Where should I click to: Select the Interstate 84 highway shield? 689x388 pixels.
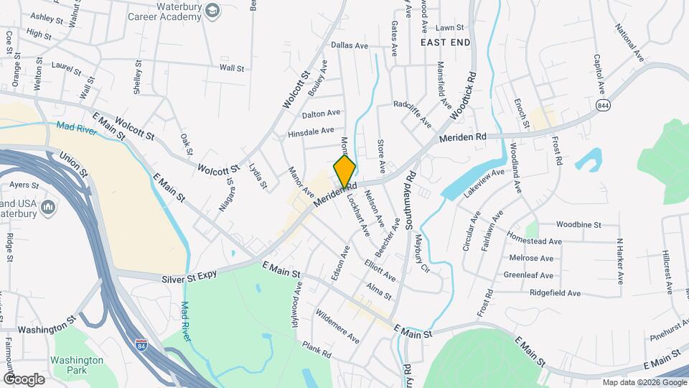tap(141, 346)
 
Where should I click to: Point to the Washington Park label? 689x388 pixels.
tap(77, 365)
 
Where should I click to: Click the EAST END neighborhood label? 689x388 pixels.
tap(445, 42)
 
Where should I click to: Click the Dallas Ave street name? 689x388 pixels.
tap(350, 45)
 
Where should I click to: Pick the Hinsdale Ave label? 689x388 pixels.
tap(311, 131)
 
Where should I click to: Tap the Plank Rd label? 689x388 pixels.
tap(316, 350)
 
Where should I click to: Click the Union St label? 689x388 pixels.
tap(73, 164)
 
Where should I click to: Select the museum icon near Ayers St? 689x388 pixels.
tap(49, 208)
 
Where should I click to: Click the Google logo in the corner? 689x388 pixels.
tap(24, 379)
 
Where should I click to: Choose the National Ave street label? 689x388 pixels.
tap(630, 42)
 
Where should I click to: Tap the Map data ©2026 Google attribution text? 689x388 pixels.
tap(643, 382)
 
